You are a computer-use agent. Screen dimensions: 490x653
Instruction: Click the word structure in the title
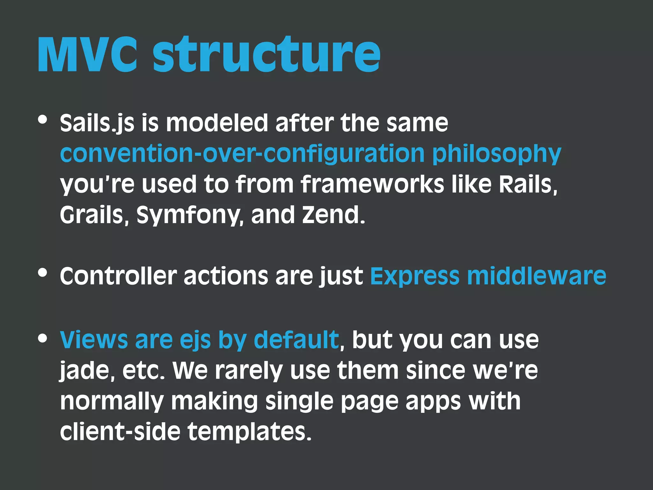[267, 55]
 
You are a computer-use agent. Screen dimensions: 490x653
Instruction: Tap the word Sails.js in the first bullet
[97, 123]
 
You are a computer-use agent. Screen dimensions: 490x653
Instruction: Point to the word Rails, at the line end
[528, 184]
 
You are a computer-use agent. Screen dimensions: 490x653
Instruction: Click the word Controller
[118, 276]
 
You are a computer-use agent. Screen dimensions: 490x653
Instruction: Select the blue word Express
[415, 277]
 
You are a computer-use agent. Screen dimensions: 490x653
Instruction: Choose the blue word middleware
[536, 276]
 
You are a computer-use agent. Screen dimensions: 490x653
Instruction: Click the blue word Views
[94, 340]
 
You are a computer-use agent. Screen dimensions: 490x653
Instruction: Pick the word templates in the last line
[249, 432]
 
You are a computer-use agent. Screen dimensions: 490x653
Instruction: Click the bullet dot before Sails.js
[42, 120]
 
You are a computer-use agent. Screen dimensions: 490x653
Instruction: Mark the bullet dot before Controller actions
[42, 273]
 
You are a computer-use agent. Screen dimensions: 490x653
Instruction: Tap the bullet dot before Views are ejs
[42, 338]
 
